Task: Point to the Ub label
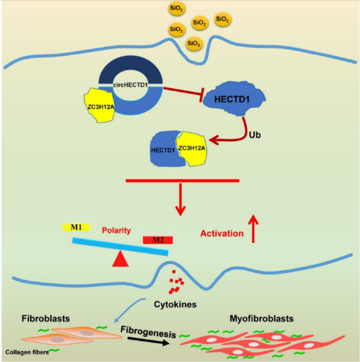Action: tap(255, 135)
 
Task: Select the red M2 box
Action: tap(158, 240)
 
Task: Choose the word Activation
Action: tap(222, 234)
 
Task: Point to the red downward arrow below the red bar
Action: tap(180, 199)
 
